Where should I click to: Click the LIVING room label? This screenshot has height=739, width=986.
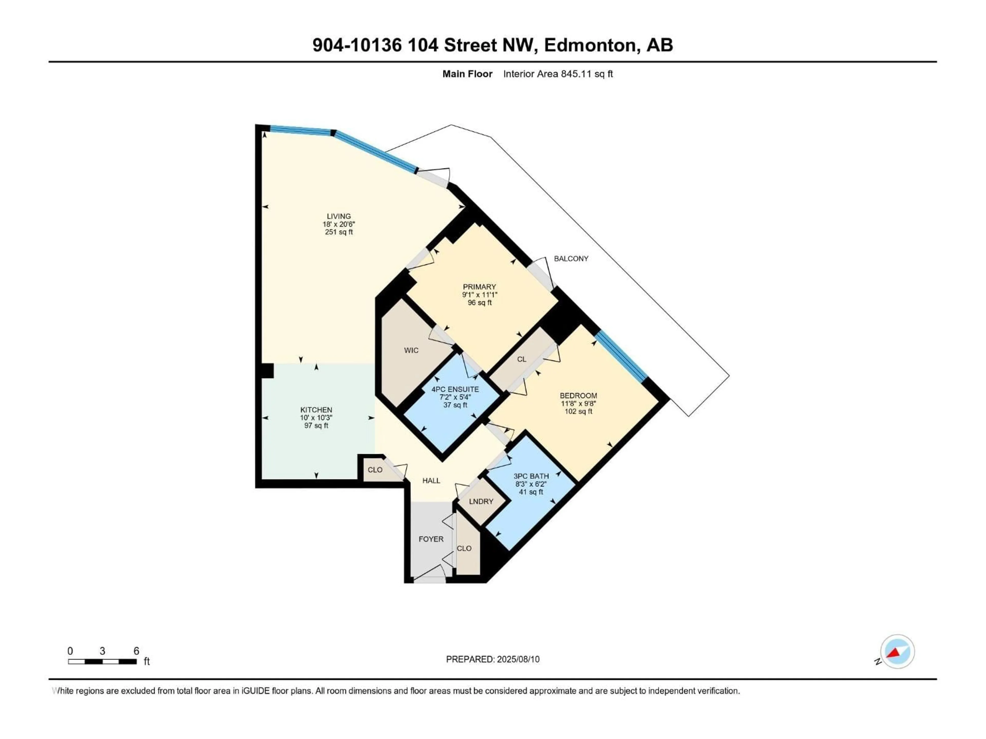point(339,216)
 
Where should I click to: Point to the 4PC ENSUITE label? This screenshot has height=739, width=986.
point(455,389)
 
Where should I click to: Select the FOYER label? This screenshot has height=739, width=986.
point(431,539)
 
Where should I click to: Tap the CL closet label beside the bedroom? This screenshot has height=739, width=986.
point(522,359)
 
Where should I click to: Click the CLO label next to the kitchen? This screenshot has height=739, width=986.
point(375,470)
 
